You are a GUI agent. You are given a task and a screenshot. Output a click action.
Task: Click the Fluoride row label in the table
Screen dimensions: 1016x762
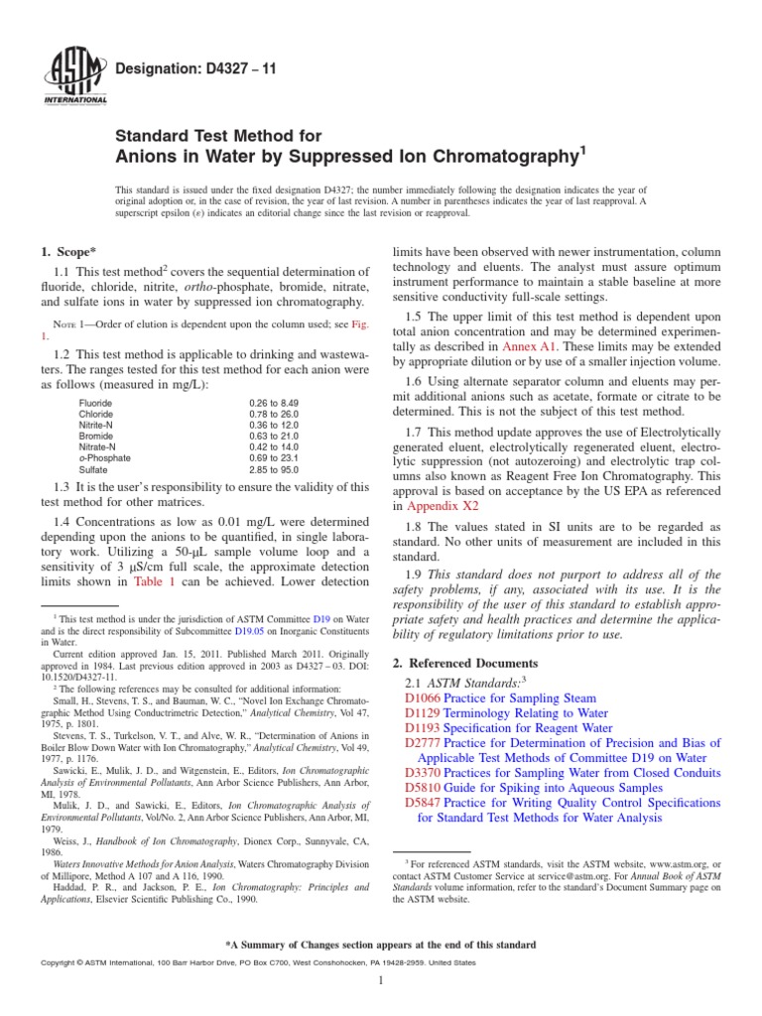[x=95, y=403]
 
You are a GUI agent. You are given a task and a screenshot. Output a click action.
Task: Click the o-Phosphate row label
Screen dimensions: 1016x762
[x=102, y=458]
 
